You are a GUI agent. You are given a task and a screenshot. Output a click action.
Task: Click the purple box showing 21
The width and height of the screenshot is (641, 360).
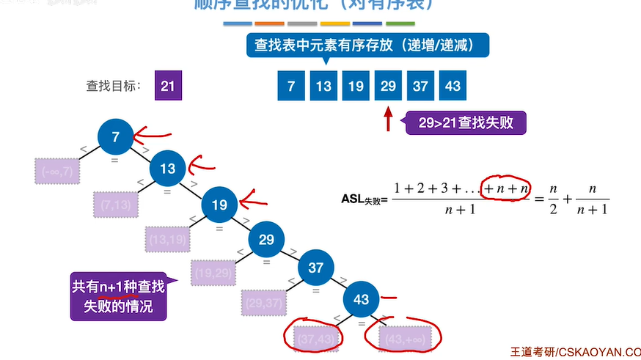[167, 87]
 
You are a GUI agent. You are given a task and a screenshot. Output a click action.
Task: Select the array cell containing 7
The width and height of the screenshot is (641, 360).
[291, 87]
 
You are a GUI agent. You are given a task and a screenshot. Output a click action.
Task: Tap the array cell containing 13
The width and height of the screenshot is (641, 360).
[323, 87]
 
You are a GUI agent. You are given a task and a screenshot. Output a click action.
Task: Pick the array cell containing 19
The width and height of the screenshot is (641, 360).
[356, 87]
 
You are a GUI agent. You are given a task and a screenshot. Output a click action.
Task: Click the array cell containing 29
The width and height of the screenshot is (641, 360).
[388, 87]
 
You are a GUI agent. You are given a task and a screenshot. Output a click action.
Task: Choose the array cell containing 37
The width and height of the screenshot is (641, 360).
[420, 87]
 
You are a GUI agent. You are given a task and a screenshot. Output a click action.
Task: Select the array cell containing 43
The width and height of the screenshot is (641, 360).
[453, 87]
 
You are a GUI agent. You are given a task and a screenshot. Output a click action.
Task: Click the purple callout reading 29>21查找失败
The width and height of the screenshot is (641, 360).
[467, 123]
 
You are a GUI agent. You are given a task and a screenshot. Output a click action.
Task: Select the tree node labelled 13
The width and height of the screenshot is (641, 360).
[168, 169]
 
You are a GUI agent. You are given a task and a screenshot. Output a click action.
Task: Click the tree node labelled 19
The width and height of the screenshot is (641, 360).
[219, 205]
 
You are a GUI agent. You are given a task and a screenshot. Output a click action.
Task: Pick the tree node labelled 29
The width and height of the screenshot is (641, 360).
[266, 240]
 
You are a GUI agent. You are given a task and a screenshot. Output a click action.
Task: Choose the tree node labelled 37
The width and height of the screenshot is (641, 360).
[315, 268]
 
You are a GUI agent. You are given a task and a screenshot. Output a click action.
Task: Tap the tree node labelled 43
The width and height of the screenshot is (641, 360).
[362, 299]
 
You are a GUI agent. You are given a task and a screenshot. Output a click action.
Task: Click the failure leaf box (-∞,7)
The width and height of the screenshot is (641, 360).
[56, 171]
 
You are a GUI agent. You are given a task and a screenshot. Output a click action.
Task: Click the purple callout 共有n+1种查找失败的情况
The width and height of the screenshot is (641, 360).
[117, 296]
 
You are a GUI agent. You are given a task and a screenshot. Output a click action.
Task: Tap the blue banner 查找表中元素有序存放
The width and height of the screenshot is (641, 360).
[368, 45]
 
